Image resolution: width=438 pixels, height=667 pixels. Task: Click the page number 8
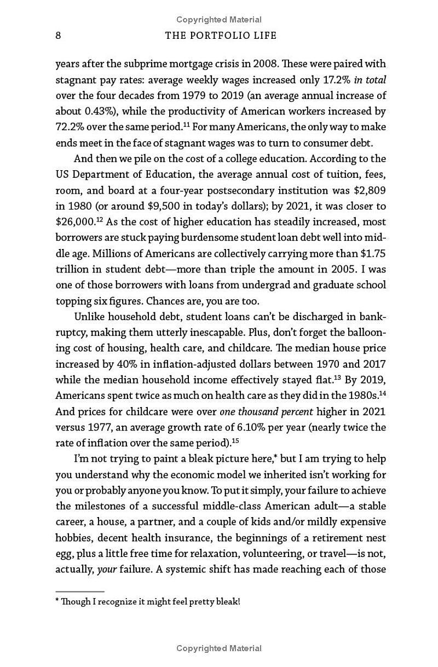pyautogui.click(x=58, y=36)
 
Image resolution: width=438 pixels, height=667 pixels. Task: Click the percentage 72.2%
pyautogui.click(x=69, y=127)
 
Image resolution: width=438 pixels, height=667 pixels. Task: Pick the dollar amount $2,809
pyautogui.click(x=370, y=190)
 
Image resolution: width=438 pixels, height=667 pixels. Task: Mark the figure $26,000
pyautogui.click(x=73, y=222)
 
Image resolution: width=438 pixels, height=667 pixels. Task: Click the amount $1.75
pyautogui.click(x=371, y=254)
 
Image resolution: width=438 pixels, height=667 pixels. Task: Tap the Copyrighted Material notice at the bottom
pyautogui.click(x=219, y=648)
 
